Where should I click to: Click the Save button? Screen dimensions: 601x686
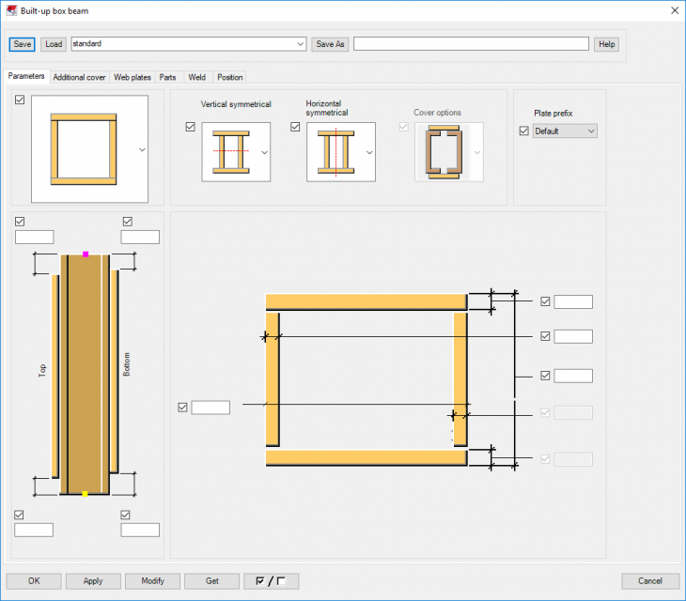22,44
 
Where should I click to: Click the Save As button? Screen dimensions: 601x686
330,44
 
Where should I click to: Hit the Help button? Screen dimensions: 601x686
606,44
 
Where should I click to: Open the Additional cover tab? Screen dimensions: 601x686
79,77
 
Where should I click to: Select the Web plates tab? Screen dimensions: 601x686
133,77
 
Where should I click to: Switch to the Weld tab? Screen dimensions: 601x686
196,77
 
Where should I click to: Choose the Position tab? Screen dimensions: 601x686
229,77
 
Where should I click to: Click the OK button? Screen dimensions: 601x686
34,580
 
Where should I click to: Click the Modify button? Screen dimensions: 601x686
152,580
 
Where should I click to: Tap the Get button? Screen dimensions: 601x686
211,580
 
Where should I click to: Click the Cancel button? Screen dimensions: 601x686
650,580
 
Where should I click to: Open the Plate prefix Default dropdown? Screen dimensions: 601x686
565,131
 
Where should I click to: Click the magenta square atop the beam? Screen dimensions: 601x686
86,254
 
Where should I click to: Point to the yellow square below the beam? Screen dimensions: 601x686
85,494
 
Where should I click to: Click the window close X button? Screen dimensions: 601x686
673,10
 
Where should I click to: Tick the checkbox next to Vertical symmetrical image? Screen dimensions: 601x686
191,128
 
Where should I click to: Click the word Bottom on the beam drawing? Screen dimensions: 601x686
127,365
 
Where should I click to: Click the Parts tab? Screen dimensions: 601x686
167,77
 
